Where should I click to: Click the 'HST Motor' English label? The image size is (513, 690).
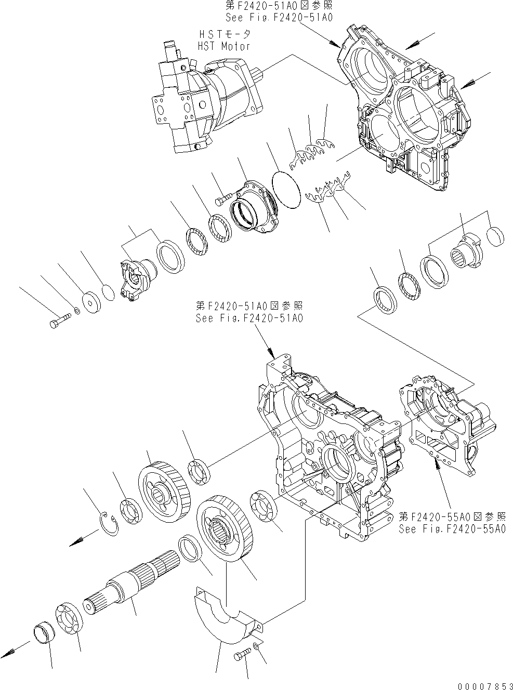pyautogui.click(x=224, y=46)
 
